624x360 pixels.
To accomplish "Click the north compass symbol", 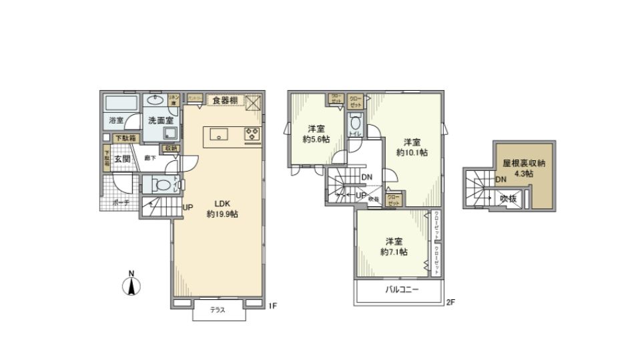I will point(132,286).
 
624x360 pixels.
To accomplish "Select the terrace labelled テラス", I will point(218,310).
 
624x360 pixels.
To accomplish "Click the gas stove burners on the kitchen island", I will point(252,134).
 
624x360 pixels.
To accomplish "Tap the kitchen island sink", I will point(220,134).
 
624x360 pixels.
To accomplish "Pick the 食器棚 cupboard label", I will point(225,100).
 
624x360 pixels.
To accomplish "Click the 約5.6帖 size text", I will point(316,139).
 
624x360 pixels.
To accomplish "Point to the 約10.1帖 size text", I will point(412,152).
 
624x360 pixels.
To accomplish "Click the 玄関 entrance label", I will point(121,159).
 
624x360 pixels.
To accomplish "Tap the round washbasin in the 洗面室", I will point(158,100).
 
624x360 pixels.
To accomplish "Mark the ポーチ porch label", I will point(121,202).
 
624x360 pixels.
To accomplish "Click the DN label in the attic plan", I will point(500,180).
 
